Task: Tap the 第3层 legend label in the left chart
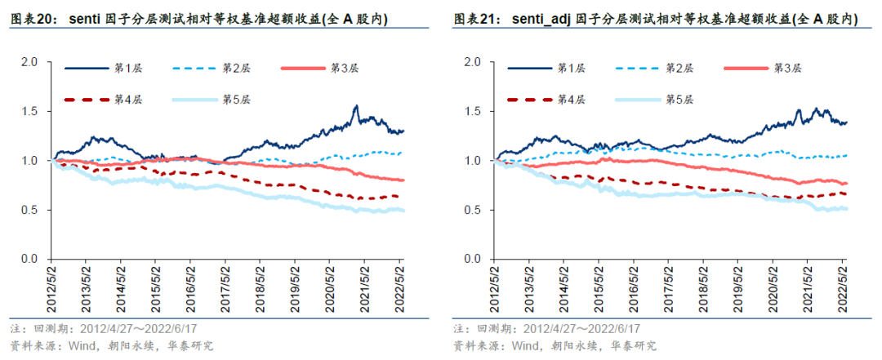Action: pos(345,68)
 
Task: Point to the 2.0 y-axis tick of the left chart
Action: pos(29,62)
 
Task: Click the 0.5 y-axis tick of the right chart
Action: pos(473,210)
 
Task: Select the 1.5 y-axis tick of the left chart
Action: pos(29,111)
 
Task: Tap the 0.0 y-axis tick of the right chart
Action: pos(473,259)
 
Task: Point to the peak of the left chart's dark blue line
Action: pos(356,106)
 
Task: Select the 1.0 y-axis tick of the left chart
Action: pos(29,161)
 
